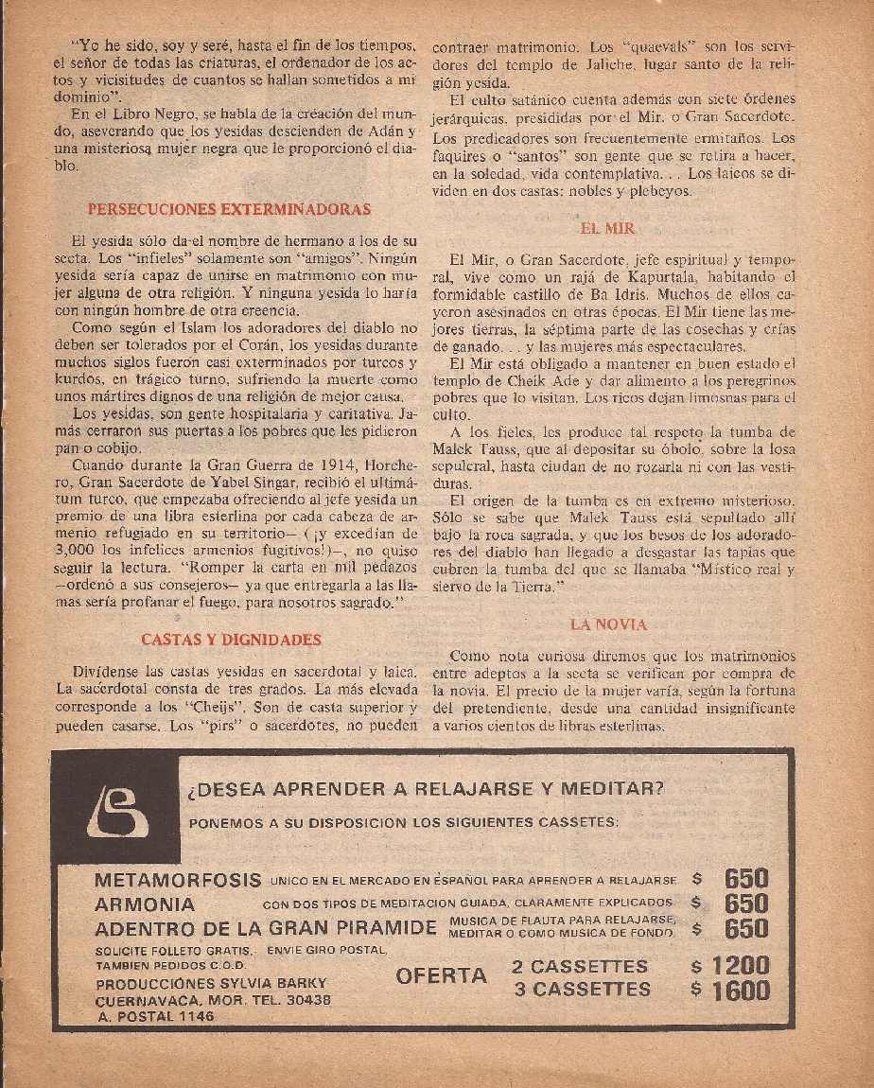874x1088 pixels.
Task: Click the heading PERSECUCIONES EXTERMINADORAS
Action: (x=229, y=209)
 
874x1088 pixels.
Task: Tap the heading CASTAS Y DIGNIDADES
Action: (x=231, y=640)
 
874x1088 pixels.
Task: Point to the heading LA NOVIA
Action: (x=608, y=624)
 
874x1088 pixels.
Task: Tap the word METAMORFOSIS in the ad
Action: (x=178, y=880)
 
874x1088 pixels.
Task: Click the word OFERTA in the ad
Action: (x=442, y=975)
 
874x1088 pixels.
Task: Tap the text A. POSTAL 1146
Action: (x=155, y=1017)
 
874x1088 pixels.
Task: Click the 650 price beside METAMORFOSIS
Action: (x=745, y=879)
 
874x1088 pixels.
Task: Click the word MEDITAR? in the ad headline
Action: (x=614, y=788)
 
